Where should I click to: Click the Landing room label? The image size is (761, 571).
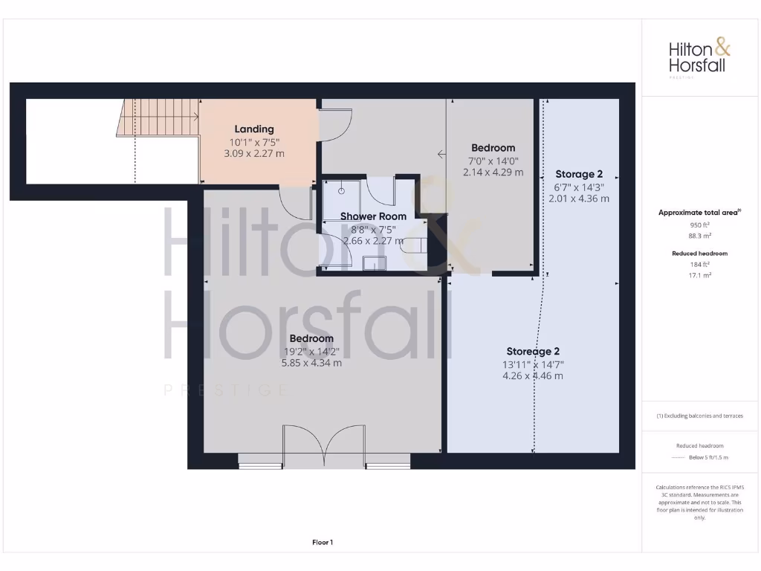click(x=254, y=129)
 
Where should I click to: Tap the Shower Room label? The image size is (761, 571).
click(x=373, y=216)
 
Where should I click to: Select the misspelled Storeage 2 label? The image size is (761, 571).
click(x=533, y=351)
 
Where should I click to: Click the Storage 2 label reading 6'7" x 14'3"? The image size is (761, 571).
click(x=579, y=174)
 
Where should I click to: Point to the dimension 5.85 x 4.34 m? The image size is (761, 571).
click(x=311, y=363)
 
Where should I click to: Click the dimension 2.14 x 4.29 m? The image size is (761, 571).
click(x=493, y=172)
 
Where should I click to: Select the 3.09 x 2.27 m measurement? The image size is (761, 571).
click(x=254, y=153)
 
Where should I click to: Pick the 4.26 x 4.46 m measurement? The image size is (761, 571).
click(x=533, y=375)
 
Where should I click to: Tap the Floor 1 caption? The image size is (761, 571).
click(x=322, y=542)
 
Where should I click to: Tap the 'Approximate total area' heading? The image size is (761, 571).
click(x=699, y=213)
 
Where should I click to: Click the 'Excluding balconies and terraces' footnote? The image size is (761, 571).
click(x=699, y=416)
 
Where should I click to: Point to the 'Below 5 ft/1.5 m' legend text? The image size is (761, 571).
click(x=709, y=457)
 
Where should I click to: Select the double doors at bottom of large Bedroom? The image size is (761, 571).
click(x=323, y=446)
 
